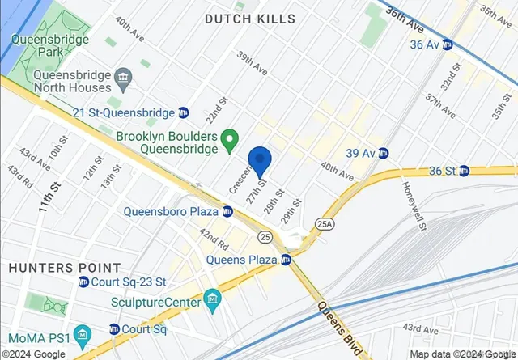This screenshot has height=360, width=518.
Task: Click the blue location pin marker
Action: click(259, 163)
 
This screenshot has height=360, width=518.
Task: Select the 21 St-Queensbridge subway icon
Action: click(184, 112)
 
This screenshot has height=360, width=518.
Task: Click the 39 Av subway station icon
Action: click(383, 153)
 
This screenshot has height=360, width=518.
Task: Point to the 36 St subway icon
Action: click(464, 171)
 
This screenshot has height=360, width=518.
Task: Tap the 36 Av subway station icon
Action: click(447, 44)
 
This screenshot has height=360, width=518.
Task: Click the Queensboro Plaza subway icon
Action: click(227, 212)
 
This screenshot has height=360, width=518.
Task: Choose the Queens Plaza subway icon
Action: click(285, 260)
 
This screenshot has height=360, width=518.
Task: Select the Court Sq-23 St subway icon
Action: click(83, 282)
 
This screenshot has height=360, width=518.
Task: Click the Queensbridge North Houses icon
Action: click(123, 79)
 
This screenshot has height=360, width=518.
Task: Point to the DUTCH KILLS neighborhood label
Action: click(249, 19)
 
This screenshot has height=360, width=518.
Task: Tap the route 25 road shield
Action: click(265, 236)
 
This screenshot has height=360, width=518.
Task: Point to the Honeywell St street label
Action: click(413, 205)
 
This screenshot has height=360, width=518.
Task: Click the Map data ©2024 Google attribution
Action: click(461, 354)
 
